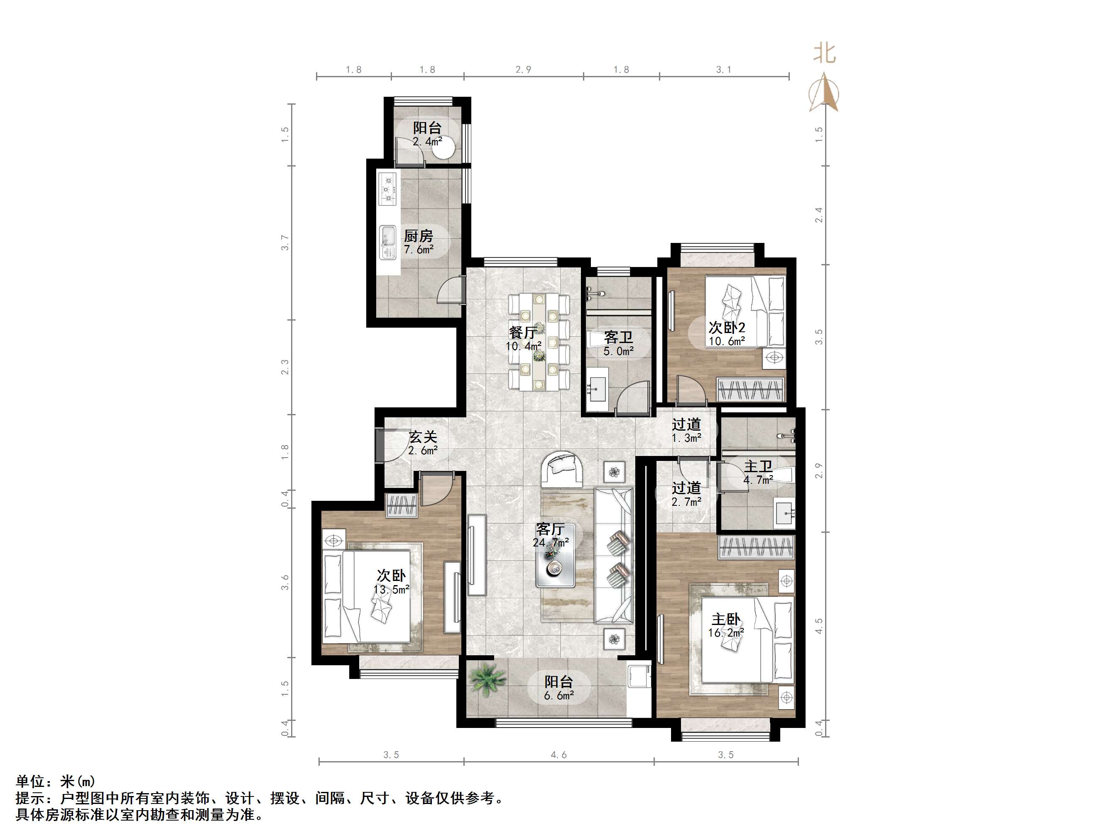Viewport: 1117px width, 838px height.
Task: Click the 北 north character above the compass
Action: tap(824, 53)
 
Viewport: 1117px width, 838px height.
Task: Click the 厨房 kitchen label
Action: tap(418, 236)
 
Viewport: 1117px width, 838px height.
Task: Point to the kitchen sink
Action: tap(388, 243)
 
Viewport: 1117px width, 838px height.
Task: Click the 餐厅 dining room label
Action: tap(523, 332)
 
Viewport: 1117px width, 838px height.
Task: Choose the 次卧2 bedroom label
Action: tap(727, 327)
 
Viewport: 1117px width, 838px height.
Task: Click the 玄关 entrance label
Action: tap(423, 436)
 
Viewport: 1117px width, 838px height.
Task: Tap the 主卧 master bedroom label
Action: tap(726, 619)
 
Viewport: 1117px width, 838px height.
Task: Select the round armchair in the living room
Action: tap(563, 468)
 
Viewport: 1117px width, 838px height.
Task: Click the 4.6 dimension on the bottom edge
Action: tap(558, 755)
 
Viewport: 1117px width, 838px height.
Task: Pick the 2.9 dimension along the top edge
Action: tap(523, 70)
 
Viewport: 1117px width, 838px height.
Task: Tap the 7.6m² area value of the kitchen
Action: tap(419, 250)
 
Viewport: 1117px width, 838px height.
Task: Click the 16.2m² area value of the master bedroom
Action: tap(726, 632)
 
